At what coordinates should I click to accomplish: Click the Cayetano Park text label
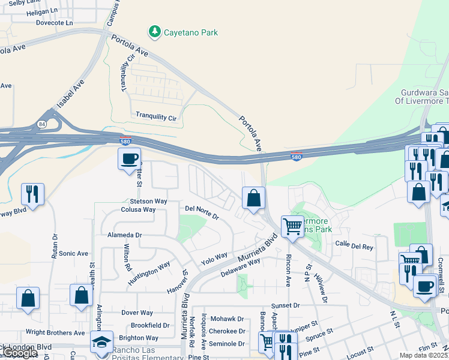coord(191,32)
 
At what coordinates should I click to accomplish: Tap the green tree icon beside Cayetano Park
coord(155,31)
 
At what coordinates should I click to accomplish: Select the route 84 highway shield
coord(40,124)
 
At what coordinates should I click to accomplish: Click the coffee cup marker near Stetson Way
coord(129,159)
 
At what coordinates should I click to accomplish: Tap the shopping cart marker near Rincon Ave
coord(292,227)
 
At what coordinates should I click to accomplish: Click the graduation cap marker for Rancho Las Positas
coord(102,343)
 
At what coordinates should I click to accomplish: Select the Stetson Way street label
coord(148,202)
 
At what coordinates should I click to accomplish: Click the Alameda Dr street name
coord(125,235)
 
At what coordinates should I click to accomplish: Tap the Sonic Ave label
coord(73,254)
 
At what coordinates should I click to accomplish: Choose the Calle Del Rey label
coord(354,244)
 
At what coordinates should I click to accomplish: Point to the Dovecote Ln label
coord(54,23)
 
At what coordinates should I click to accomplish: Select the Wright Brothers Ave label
coord(55,332)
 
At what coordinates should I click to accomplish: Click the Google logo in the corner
coord(19,353)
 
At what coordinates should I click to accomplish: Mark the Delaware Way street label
coord(240,266)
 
